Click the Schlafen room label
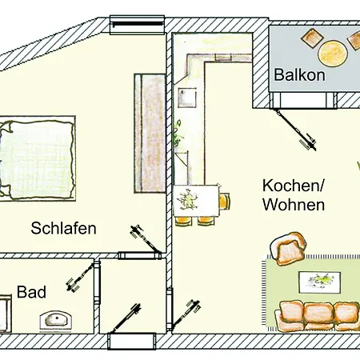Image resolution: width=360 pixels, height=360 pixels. (x=64, y=228)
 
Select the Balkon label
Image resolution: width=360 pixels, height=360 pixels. (x=299, y=76)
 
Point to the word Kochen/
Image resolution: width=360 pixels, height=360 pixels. (x=293, y=186)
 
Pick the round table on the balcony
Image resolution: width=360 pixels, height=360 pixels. (x=331, y=54)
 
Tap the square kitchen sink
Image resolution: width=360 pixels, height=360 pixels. (x=187, y=98)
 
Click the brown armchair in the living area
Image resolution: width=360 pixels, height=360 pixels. (x=290, y=248)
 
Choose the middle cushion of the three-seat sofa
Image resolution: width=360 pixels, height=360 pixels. (x=318, y=314)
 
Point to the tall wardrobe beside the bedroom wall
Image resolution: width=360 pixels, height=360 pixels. (x=150, y=132)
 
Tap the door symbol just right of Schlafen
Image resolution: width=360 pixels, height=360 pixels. (x=139, y=237)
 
